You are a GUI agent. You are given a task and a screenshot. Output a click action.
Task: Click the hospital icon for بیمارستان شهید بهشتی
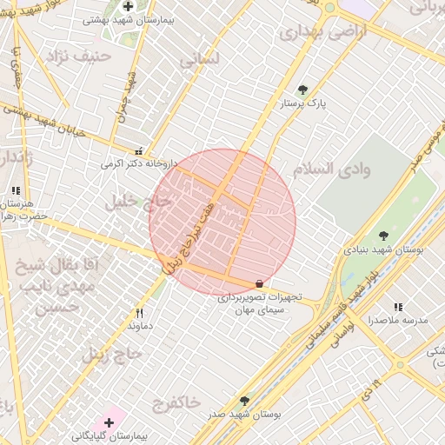128,6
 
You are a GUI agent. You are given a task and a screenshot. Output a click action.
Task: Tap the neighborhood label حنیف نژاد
60,57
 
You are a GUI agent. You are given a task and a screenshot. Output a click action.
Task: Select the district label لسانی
199,60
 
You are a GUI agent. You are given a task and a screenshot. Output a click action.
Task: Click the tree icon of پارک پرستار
302,90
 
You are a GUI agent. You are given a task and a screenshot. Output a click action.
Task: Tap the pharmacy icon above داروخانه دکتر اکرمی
140,149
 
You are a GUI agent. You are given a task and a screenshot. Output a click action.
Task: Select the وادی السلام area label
332,168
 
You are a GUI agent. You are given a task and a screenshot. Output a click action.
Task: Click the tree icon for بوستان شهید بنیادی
383,236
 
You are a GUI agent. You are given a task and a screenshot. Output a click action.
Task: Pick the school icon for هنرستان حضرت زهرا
16,190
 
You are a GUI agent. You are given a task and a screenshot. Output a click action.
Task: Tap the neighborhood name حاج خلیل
139,203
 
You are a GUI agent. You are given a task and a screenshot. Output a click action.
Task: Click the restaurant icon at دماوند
139,313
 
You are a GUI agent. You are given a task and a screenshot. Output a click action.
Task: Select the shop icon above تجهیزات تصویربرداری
259,283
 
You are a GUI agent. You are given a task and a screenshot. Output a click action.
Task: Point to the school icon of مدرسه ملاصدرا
398,307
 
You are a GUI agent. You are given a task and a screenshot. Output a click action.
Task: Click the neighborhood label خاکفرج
176,402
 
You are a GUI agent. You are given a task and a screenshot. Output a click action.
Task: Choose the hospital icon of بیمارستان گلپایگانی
109,422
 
